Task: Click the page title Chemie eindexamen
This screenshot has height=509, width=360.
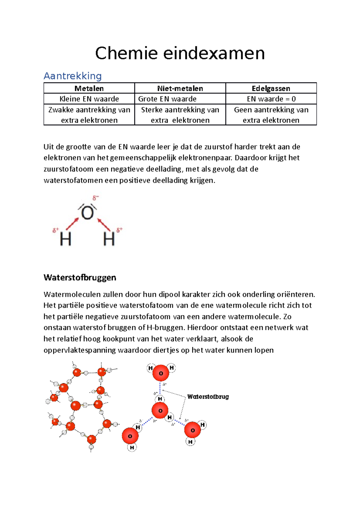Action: click(x=180, y=53)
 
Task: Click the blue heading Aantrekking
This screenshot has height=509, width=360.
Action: click(x=73, y=76)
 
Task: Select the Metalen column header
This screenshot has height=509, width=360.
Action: click(x=89, y=88)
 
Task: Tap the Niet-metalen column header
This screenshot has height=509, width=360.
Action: click(x=180, y=88)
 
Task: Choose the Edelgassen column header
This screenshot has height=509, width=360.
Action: click(x=271, y=88)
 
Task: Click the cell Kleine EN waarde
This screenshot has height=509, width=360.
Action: click(x=89, y=99)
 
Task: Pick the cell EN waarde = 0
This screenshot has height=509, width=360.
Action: click(x=271, y=99)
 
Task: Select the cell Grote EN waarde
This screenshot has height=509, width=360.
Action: click(x=167, y=99)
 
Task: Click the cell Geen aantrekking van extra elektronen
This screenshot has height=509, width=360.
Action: click(x=271, y=115)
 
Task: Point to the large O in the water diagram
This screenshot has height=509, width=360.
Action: click(x=88, y=213)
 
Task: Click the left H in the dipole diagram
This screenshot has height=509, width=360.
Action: click(x=65, y=239)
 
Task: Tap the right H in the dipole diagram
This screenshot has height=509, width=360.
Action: click(x=109, y=239)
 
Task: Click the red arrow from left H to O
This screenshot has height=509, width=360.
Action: click(x=72, y=224)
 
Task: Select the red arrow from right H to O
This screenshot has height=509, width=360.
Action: click(x=104, y=225)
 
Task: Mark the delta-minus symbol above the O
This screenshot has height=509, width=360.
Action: click(x=95, y=198)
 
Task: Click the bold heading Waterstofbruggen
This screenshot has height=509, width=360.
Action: click(x=80, y=278)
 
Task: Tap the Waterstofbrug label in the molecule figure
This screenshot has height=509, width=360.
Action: click(x=208, y=397)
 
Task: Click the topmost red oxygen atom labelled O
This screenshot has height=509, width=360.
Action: click(x=161, y=373)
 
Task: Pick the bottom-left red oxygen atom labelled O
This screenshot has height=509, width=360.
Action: click(x=130, y=436)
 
